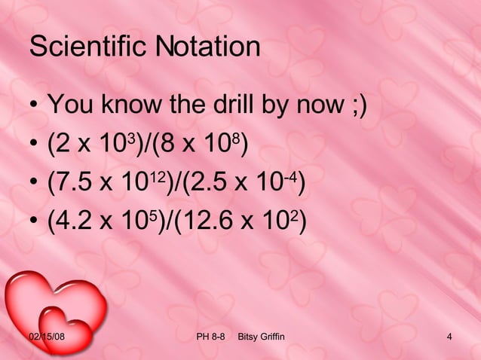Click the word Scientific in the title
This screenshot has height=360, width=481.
(89, 48)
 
